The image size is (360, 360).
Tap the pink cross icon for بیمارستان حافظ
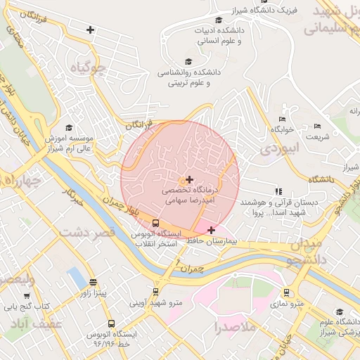211,230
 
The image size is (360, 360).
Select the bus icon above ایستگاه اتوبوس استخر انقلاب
155,223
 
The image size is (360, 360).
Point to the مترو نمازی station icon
286,292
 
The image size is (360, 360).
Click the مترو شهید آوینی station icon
155,292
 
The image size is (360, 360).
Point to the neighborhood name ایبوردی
279,148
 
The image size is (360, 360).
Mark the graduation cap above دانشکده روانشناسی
187,62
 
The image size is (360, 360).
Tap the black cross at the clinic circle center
189,180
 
